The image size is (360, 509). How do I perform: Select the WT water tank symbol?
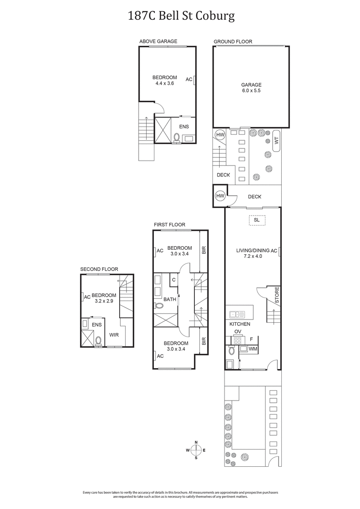pos(276,141)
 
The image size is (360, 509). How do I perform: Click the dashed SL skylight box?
pos(256,220)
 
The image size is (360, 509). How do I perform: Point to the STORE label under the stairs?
pos(277,294)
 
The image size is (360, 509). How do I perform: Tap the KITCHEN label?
pos(240,324)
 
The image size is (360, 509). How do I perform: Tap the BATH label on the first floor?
pos(170,299)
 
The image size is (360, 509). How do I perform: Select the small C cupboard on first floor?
pos(174,279)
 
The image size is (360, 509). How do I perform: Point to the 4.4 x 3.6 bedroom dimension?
pos(164,83)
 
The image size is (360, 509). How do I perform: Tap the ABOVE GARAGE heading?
pos(158,41)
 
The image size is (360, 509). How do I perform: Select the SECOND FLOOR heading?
pos(99,269)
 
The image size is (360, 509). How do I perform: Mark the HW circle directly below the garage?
pos(220,135)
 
